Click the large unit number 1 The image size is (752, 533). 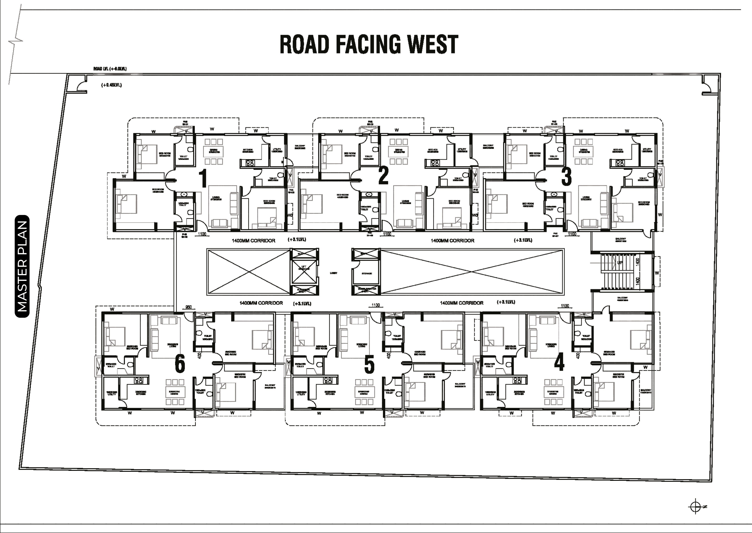click(x=203, y=177)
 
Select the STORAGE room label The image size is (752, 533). click(x=367, y=273)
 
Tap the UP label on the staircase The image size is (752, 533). click(x=620, y=262)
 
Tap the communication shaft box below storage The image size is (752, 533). click(x=366, y=290)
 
